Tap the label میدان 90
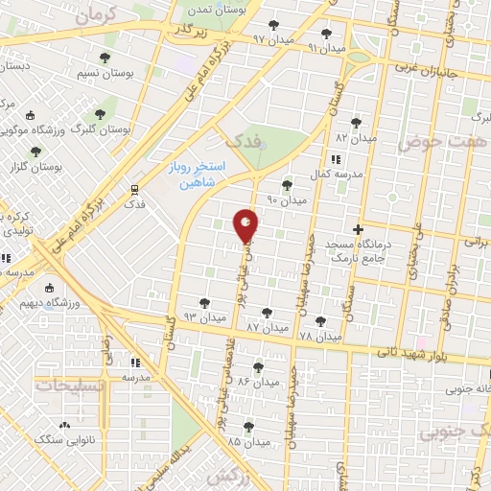(x=286, y=200)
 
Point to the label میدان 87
(x=267, y=327)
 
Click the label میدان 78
(x=319, y=337)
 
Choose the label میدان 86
(x=258, y=381)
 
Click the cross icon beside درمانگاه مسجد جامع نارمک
(x=359, y=229)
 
